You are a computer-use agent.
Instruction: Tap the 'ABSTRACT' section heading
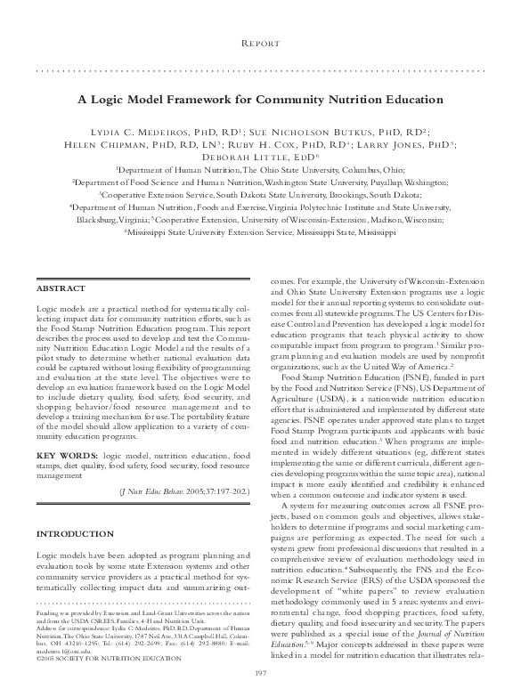point(55,290)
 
